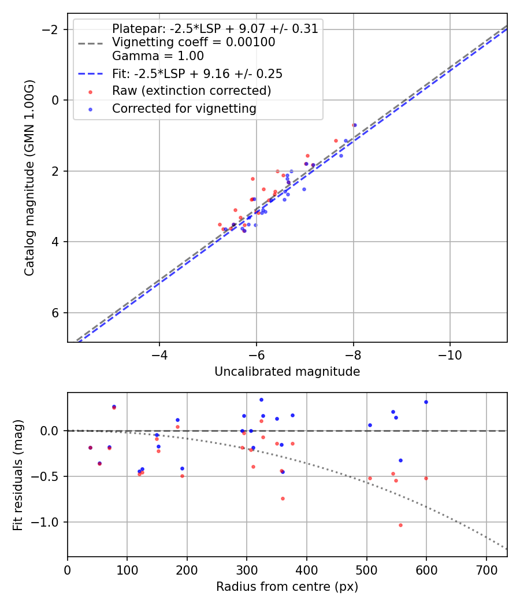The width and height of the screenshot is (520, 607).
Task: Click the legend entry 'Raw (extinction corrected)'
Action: (191, 91)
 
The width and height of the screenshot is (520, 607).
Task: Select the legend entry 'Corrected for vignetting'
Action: (184, 108)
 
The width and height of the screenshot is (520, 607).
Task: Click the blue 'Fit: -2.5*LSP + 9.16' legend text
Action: (197, 74)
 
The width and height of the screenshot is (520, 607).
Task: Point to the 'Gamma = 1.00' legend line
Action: (158, 56)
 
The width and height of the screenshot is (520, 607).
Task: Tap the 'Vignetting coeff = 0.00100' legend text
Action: (194, 42)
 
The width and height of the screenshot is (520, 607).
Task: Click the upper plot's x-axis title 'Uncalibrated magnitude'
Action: (287, 372)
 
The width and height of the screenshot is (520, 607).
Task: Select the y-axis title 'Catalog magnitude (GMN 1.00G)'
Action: (29, 177)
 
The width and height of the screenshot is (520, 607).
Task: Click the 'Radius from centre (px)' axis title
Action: (287, 587)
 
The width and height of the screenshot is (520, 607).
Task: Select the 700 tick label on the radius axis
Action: (486, 569)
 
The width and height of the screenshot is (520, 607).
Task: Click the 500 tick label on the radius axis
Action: (366, 569)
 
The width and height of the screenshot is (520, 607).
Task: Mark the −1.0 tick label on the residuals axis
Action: (48, 522)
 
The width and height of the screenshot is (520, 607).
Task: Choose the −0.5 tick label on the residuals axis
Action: (48, 476)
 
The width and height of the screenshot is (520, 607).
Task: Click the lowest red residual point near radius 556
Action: (400, 525)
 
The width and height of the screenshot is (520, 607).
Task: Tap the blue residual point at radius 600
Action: (426, 402)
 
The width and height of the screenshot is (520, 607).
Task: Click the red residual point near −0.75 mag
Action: (283, 498)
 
